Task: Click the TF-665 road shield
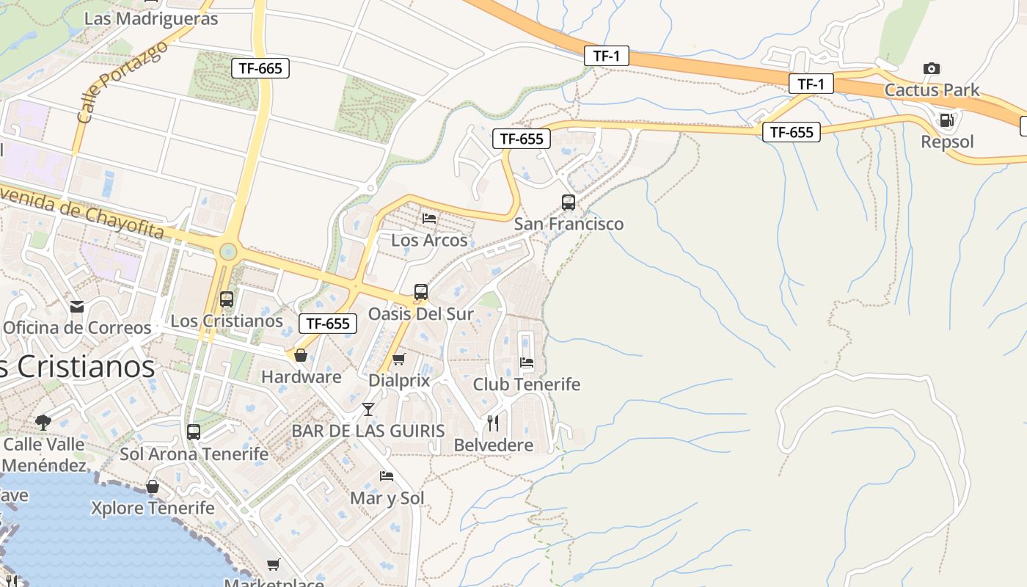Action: (260, 68)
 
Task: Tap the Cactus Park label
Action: (932, 90)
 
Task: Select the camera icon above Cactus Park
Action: (932, 68)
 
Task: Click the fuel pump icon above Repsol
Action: (947, 120)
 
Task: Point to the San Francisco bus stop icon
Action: (568, 202)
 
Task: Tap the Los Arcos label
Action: (429, 240)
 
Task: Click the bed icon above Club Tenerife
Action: (527, 362)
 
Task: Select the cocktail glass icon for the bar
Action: (368, 409)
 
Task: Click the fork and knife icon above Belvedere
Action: (493, 423)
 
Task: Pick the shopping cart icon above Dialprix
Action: (398, 359)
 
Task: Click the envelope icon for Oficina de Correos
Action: (77, 306)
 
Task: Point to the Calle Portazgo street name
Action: (122, 82)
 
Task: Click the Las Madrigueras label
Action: (151, 18)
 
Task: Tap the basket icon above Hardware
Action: (301, 355)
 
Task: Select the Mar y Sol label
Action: (387, 498)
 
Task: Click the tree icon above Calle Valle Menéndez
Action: (43, 422)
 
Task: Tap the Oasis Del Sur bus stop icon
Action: (420, 292)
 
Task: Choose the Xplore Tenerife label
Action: (153, 508)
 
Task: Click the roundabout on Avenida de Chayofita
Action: (228, 252)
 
